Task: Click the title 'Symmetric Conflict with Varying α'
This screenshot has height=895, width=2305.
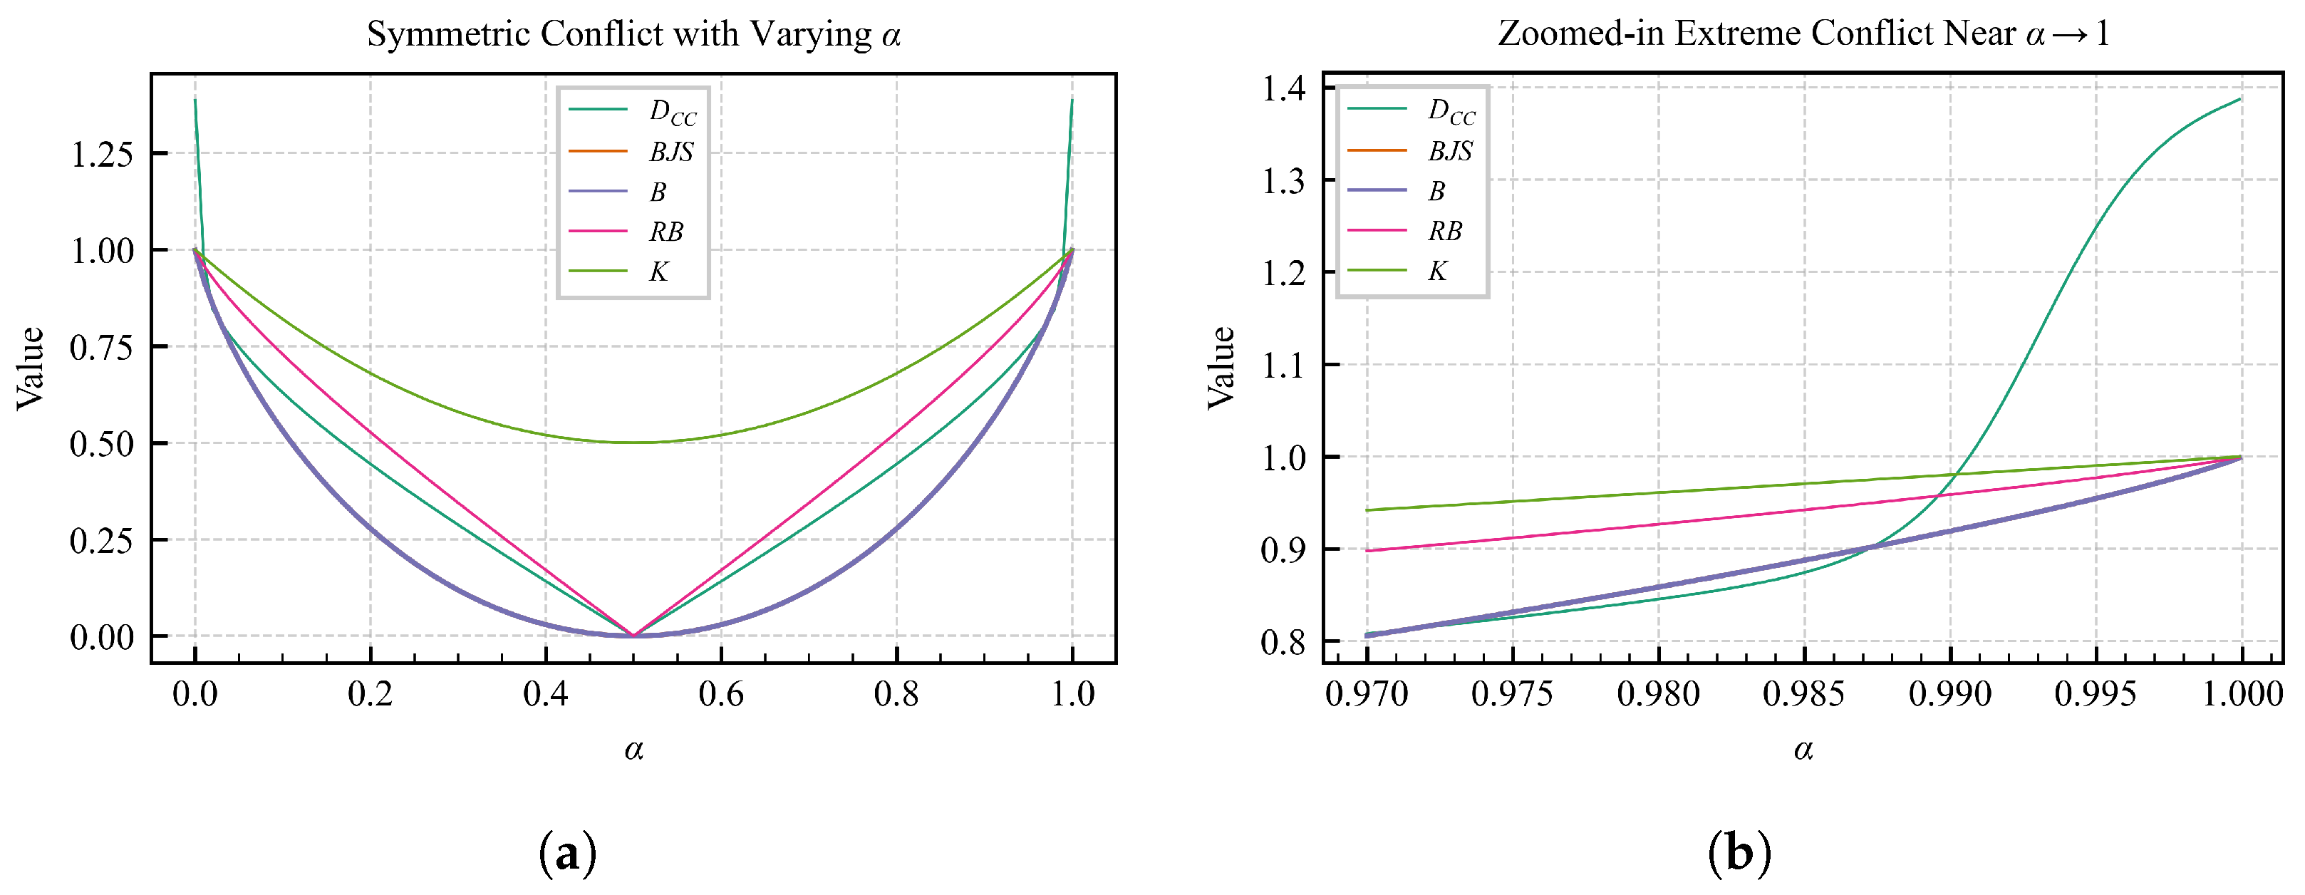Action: [633, 34]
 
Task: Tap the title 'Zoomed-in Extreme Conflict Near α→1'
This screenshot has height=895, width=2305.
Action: [1803, 34]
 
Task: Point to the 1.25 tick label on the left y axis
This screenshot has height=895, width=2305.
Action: [101, 154]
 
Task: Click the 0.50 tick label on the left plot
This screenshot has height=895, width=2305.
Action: [101, 444]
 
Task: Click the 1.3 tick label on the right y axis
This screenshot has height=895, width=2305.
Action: [1283, 182]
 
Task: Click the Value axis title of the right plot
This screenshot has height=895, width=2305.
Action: [1221, 368]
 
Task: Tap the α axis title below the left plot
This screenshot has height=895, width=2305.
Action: [633, 749]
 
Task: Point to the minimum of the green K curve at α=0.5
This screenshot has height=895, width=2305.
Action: [633, 442]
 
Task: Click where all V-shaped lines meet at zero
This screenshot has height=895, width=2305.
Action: [633, 636]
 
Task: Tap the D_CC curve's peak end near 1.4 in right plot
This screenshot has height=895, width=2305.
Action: [2239, 99]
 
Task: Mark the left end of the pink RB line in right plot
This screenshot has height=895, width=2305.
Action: [1367, 550]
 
